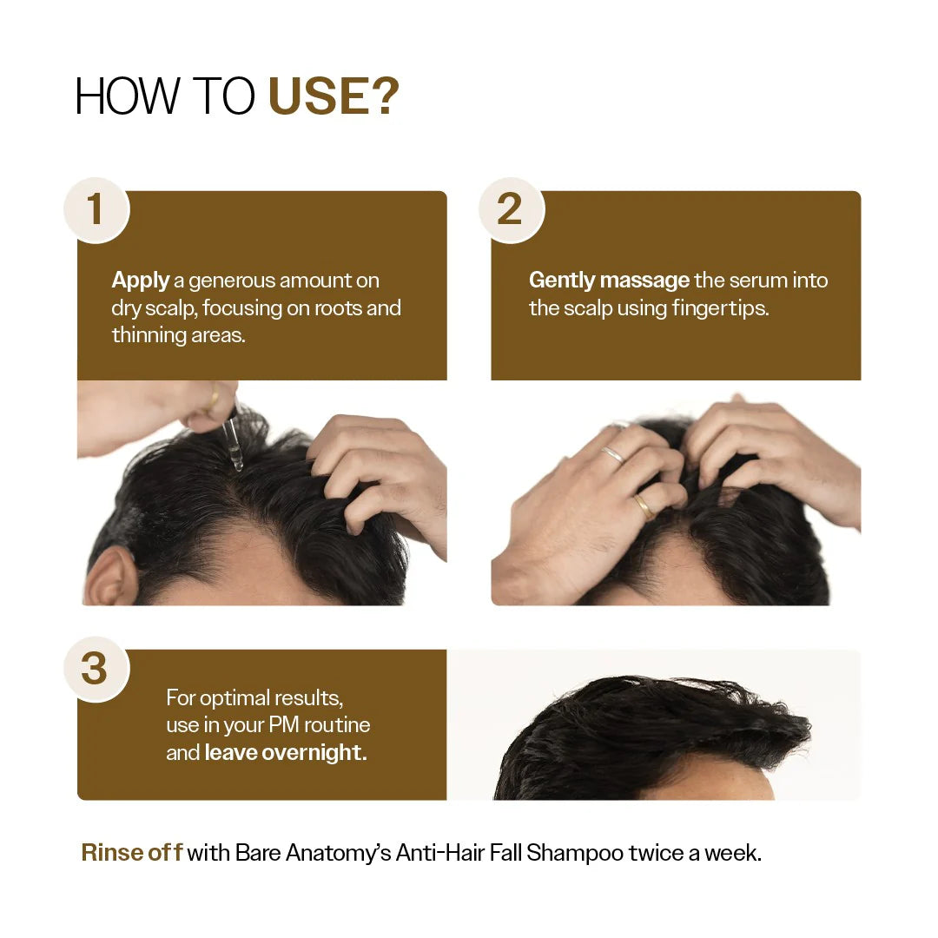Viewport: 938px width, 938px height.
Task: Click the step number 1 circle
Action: (96, 210)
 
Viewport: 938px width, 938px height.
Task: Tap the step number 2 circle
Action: (511, 210)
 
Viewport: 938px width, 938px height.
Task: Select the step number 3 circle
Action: (96, 669)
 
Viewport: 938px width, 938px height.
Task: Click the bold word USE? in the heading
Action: (334, 97)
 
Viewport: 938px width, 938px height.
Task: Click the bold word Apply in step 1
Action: (141, 281)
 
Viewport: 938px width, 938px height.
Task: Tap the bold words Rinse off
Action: (131, 853)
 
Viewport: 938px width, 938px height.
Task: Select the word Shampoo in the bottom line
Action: (575, 853)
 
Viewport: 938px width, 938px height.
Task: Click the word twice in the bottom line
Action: (656, 853)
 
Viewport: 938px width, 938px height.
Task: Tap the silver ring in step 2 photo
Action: (612, 453)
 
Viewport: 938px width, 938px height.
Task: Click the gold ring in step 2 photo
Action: (644, 505)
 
